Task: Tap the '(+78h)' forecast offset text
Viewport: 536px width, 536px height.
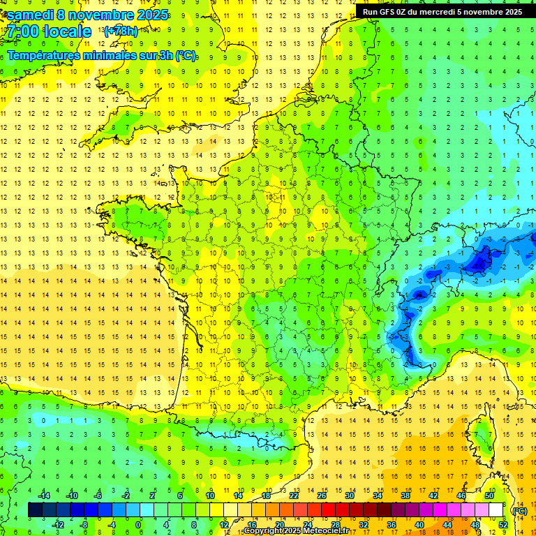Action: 121,31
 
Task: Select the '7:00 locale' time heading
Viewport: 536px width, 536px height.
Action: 49,32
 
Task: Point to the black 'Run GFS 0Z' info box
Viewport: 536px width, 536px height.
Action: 445,11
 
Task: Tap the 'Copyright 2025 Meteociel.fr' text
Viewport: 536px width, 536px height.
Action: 296,531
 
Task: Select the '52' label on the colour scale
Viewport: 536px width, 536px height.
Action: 502,525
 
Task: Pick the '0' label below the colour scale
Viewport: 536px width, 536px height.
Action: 137,525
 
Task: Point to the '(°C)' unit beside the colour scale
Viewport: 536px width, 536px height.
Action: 519,511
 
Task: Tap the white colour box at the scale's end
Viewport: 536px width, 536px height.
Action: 496,510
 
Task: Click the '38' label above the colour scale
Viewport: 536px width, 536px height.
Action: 405,496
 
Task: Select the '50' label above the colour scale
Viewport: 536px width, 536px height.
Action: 489,496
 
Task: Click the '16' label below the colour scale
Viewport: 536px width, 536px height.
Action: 251,525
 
